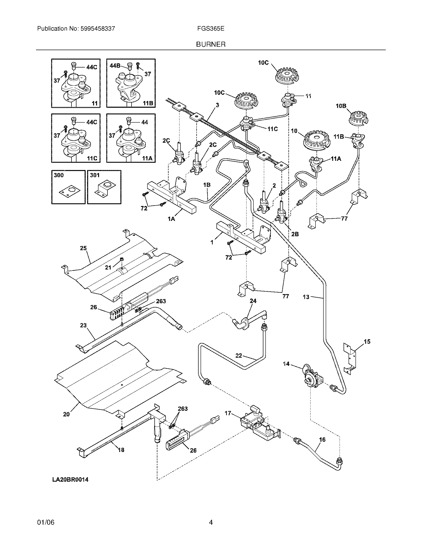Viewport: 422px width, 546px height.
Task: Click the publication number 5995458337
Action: coord(98,29)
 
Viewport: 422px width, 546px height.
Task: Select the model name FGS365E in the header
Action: coord(211,29)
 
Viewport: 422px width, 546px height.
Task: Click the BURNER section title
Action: coord(211,44)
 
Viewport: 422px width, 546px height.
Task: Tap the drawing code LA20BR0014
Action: coord(70,480)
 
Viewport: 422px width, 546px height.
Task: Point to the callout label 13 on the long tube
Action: coord(306,297)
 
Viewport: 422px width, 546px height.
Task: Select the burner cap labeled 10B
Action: coord(359,117)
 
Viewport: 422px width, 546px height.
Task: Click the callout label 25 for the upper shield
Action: coord(83,248)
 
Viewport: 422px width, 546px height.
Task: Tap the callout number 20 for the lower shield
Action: coord(66,414)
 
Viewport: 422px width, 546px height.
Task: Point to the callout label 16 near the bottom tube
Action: coord(322,439)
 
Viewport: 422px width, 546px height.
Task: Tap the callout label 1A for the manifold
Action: coord(171,219)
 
